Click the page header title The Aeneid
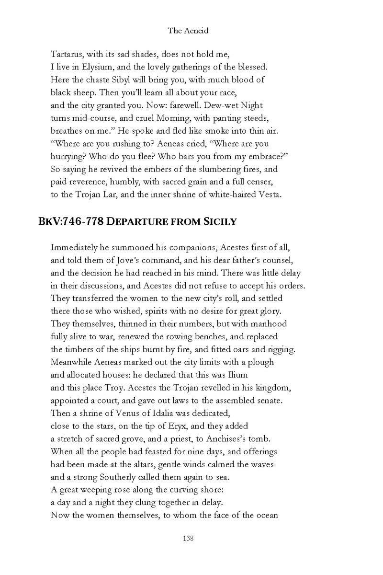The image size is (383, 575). (188, 31)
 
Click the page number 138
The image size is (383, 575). (188, 539)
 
